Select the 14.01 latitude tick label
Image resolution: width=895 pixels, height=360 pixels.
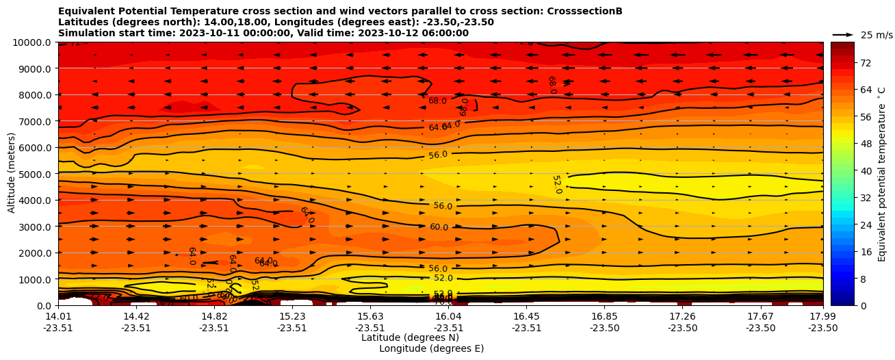pyautogui.click(x=58, y=316)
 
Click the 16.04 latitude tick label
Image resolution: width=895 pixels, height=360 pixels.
pyautogui.click(x=448, y=316)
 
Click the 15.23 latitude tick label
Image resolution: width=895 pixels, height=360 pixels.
pyautogui.click(x=292, y=316)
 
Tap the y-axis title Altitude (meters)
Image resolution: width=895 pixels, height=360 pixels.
pyautogui.click(x=12, y=173)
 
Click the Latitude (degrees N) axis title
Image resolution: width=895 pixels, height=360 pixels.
pyautogui.click(x=410, y=337)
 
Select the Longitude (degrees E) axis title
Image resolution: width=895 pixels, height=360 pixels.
pyautogui.click(x=431, y=348)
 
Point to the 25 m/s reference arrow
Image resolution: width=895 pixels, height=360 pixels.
pyautogui.click(x=843, y=34)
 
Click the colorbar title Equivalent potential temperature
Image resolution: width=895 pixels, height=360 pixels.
pyautogui.click(x=882, y=173)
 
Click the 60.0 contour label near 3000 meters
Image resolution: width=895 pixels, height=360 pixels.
pyautogui.click(x=439, y=227)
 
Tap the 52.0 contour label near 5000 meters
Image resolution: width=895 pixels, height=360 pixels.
pyautogui.click(x=556, y=184)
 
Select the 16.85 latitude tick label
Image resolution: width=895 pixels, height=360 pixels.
pyautogui.click(x=604, y=316)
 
